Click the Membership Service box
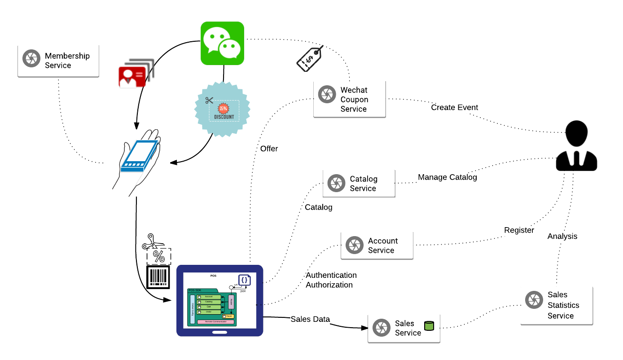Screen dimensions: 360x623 (x=58, y=61)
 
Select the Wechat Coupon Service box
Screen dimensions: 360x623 (x=349, y=99)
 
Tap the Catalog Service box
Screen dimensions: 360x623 (x=359, y=183)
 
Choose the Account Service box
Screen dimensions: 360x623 (x=377, y=245)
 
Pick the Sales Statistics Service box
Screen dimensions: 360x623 (x=556, y=305)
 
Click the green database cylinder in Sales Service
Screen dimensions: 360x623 (x=429, y=326)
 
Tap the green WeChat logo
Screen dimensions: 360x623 (x=222, y=43)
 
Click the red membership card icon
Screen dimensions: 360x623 (x=132, y=77)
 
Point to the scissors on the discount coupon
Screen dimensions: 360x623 (x=209, y=100)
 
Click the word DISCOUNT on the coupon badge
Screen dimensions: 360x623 (x=224, y=117)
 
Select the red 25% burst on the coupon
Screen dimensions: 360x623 (x=223, y=108)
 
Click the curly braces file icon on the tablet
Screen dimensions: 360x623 (x=244, y=280)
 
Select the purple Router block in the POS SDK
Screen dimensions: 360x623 (x=231, y=302)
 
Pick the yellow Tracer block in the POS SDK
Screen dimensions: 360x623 (x=228, y=316)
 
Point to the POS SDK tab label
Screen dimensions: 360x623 (x=195, y=290)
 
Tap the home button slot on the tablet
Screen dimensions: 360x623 (x=219, y=333)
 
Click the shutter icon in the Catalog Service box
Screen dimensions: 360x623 (x=336, y=183)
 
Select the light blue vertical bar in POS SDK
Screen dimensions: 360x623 (x=193, y=309)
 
